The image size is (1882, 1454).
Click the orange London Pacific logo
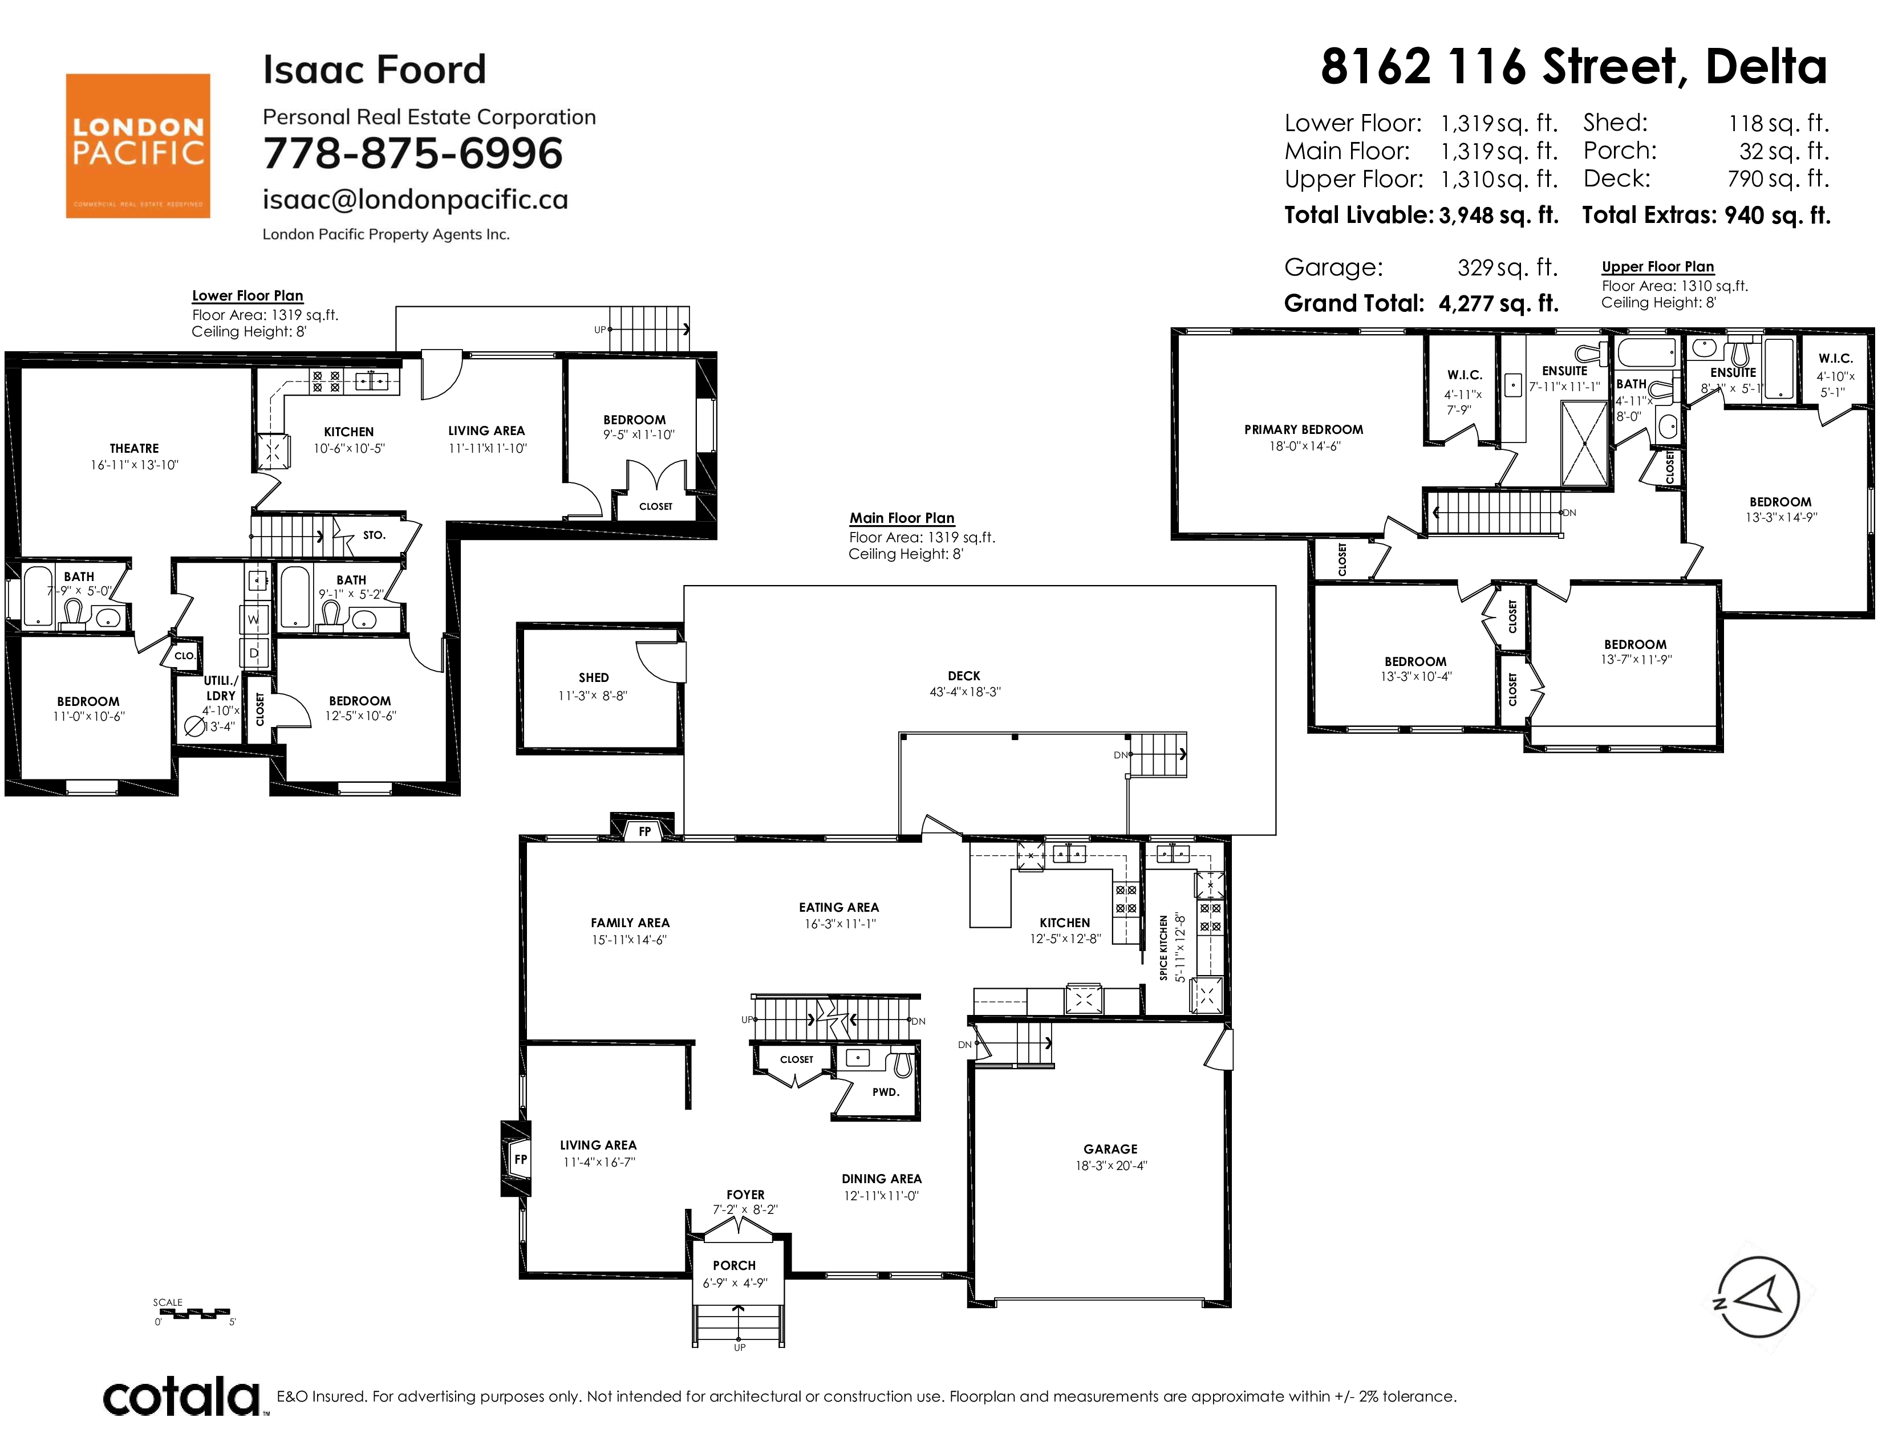[x=138, y=145]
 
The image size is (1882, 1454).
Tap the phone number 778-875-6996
[x=413, y=153]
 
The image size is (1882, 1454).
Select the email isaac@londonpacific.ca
[x=415, y=200]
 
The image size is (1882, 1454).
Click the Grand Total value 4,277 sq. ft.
[x=1499, y=303]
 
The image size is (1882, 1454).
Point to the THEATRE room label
[x=135, y=448]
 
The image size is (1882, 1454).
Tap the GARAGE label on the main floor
[x=1111, y=1149]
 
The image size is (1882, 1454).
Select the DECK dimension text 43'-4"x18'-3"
[x=964, y=692]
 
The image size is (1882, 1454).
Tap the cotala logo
[x=182, y=1396]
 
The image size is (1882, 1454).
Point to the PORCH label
[x=734, y=1265]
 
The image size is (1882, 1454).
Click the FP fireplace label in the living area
[x=521, y=1159]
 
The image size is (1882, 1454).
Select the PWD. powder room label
[x=886, y=1092]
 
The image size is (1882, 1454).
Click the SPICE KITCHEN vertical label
[x=1163, y=948]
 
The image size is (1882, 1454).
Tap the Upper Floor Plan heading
[x=1658, y=267]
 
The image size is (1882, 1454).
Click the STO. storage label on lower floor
[x=374, y=535]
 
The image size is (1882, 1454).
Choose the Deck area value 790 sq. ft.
[x=1778, y=179]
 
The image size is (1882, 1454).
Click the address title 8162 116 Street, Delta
[x=1573, y=67]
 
